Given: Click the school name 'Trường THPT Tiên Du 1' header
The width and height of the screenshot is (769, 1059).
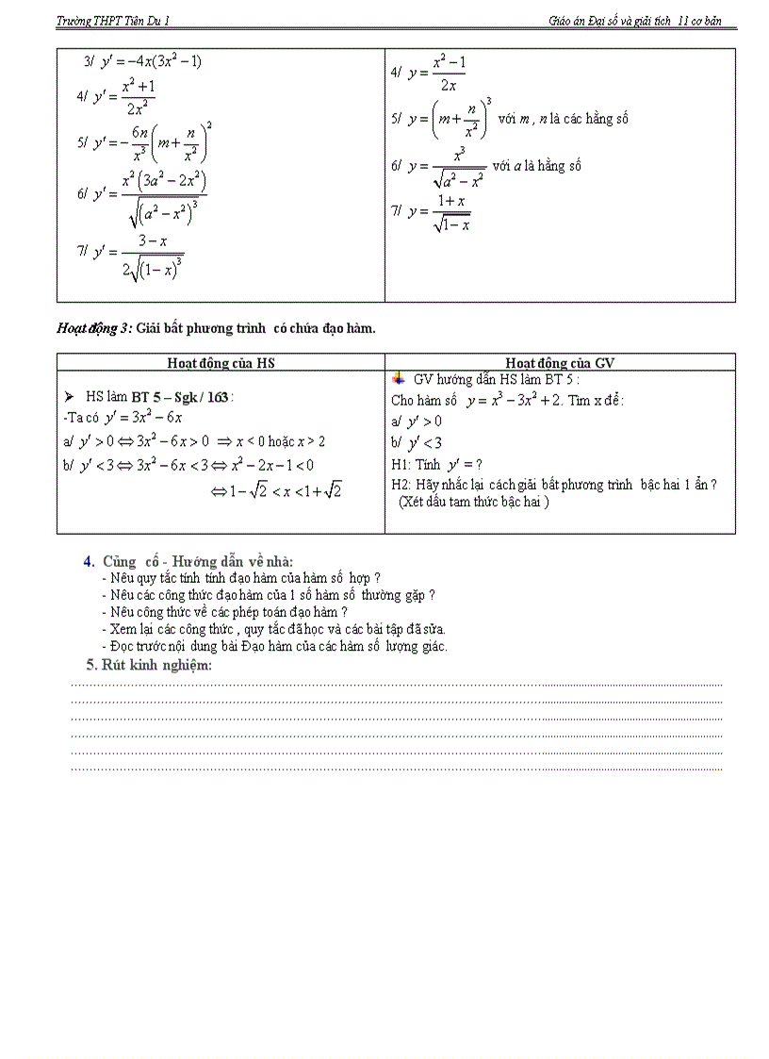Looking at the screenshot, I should pos(114,20).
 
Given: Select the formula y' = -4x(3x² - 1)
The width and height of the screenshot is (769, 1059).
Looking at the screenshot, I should pos(143,62).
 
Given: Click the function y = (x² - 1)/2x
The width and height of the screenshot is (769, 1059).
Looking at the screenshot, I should pos(429,73).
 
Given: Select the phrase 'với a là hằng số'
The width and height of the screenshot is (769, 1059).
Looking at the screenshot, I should pos(536,166).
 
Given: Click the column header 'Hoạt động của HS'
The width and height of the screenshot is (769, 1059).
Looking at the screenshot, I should pos(221,363).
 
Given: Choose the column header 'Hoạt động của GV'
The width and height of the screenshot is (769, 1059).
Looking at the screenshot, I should pos(560,363).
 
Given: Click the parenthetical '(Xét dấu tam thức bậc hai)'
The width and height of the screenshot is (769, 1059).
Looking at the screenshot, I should pos(473,501).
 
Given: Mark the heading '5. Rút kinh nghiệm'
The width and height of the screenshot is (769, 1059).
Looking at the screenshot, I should pos(148,665).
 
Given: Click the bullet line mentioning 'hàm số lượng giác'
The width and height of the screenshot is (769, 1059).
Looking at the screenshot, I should pos(273,646).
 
